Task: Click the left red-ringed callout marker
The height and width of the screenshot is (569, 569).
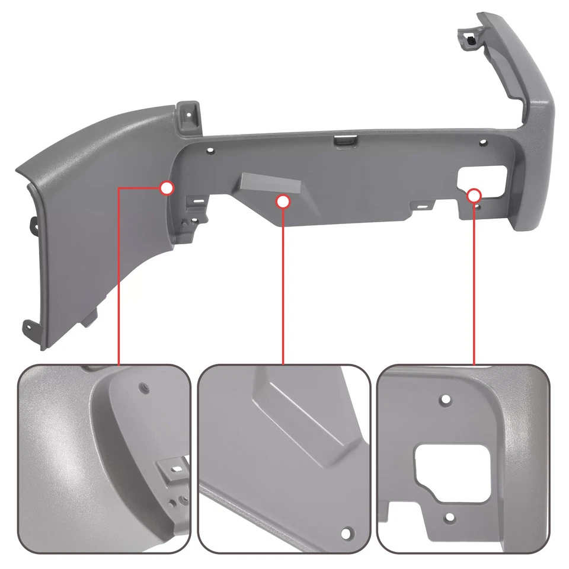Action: pyautogui.click(x=167, y=188)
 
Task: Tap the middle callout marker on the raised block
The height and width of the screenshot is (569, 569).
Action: pyautogui.click(x=283, y=202)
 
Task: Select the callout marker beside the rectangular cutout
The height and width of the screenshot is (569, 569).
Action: pyautogui.click(x=474, y=195)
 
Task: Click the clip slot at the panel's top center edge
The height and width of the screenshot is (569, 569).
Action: pyautogui.click(x=344, y=140)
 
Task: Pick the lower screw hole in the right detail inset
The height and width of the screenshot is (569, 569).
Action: pyautogui.click(x=449, y=517)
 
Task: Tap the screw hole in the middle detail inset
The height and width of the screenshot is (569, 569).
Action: pyautogui.click(x=346, y=532)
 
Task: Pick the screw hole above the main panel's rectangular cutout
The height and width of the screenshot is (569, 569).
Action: pyautogui.click(x=483, y=143)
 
